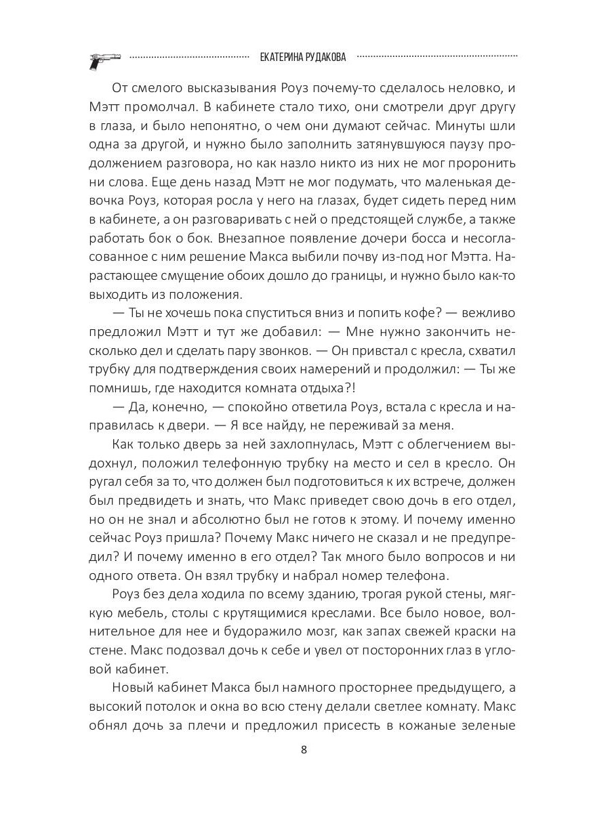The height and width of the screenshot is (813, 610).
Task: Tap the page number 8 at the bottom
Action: [x=304, y=750]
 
